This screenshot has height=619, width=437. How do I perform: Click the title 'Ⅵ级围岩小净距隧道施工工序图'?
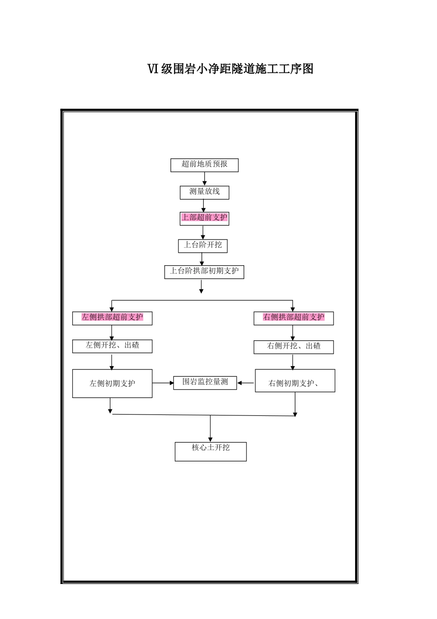click(230, 69)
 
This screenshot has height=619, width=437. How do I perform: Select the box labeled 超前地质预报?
click(204, 165)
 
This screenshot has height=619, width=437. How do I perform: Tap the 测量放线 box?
click(204, 192)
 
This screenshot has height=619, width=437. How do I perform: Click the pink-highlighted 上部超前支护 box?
click(204, 218)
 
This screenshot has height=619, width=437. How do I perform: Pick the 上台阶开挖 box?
click(203, 245)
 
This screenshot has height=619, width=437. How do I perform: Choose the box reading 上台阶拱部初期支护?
click(204, 272)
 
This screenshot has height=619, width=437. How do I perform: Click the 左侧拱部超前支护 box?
click(112, 318)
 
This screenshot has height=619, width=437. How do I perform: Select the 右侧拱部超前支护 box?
click(293, 318)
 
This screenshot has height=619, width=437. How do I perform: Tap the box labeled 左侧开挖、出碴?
click(112, 346)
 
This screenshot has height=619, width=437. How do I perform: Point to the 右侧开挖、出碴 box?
click(293, 347)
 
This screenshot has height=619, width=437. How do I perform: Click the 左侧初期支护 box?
click(112, 383)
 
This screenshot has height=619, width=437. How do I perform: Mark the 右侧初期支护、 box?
click(295, 380)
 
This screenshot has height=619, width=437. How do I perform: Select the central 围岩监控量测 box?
click(205, 383)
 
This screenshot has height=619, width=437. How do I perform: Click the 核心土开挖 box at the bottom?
click(211, 451)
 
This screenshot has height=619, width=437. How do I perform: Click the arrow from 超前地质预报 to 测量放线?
click(205, 179)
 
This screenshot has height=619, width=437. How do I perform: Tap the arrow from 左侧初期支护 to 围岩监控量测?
click(163, 383)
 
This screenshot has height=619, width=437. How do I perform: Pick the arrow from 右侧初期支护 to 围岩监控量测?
click(246, 383)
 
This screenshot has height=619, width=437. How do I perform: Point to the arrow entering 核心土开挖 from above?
click(211, 429)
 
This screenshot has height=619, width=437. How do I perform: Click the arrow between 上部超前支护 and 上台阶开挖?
click(203, 232)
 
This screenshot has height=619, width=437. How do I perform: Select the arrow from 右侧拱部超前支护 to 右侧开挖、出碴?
click(293, 333)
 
